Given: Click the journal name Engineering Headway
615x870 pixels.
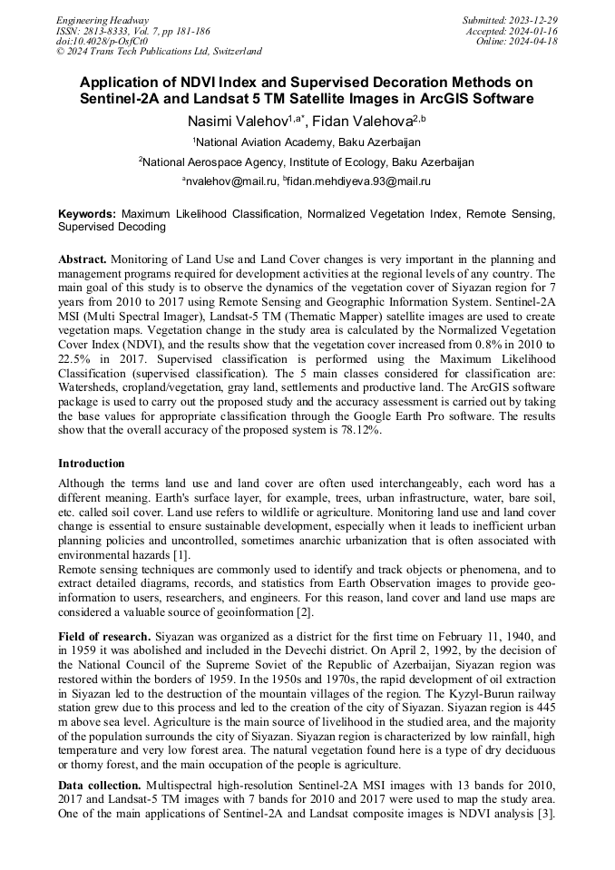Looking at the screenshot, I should tap(102, 20).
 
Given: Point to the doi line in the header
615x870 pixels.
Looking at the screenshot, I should tap(102, 41).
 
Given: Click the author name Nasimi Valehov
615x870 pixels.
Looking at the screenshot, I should tap(238, 121).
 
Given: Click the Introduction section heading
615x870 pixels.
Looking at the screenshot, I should tap(92, 464).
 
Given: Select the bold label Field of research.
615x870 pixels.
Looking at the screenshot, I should tap(104, 638).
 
